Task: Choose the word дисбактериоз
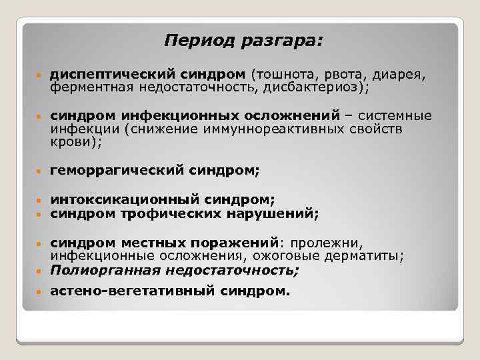coord(312,87)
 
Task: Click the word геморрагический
coord(114,171)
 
